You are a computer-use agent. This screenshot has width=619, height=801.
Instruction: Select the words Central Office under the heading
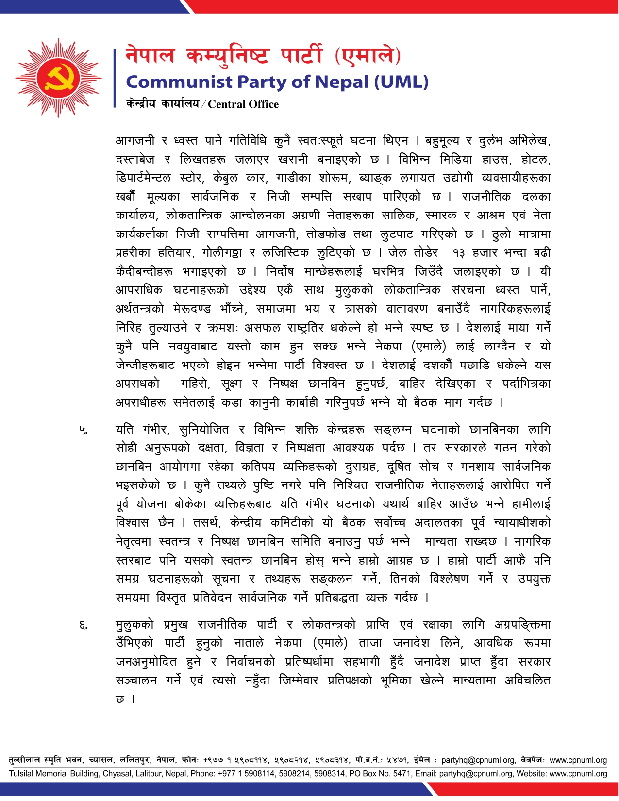243,104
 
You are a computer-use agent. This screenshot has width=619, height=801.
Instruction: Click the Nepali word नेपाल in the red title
150,55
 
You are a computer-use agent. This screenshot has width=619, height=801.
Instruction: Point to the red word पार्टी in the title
301,55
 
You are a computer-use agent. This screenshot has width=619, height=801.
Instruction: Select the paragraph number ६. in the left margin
84,626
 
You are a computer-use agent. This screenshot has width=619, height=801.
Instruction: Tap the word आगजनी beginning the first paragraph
135,141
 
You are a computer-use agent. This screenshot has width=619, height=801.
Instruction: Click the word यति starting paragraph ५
124,430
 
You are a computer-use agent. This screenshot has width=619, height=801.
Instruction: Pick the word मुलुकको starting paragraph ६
135,625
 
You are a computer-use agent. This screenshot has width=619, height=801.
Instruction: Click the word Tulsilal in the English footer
23,774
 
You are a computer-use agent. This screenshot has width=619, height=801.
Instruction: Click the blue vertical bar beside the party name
115,78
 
